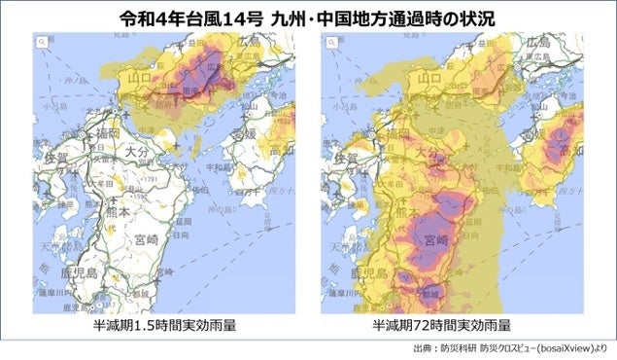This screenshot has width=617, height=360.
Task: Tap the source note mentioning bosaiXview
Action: click(510, 347)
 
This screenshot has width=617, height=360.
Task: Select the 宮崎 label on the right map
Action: click(429, 238)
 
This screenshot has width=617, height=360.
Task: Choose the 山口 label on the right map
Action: click(426, 77)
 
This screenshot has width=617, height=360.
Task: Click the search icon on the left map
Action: click(43, 43)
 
